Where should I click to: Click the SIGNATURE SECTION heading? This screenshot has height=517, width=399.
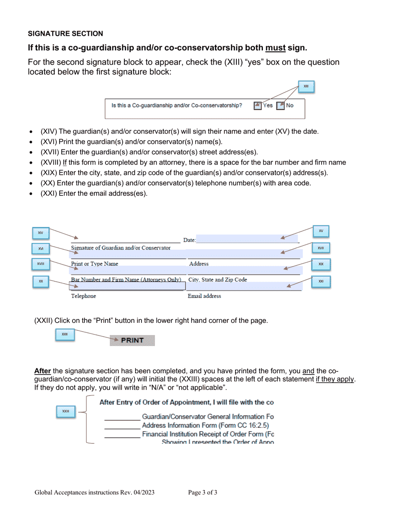(x=65, y=34)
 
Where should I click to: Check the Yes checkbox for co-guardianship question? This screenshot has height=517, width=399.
(x=258, y=106)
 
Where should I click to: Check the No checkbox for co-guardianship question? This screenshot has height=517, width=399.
(x=281, y=106)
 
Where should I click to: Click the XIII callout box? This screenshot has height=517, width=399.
(x=306, y=87)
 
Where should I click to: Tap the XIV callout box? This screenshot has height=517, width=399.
(x=41, y=233)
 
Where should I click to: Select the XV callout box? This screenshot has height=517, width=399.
(x=321, y=231)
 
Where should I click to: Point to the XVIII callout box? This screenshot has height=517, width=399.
(x=41, y=264)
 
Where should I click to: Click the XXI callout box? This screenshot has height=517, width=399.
(x=321, y=281)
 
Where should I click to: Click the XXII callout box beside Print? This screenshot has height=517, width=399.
(x=65, y=335)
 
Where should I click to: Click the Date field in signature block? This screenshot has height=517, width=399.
(x=247, y=240)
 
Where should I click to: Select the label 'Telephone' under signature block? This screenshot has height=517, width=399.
(x=83, y=296)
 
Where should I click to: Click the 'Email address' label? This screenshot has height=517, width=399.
(x=204, y=296)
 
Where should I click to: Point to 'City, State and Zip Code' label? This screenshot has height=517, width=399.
(x=218, y=280)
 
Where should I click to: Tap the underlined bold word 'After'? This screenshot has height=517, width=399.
(x=42, y=371)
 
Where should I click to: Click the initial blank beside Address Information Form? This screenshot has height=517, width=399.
(x=122, y=426)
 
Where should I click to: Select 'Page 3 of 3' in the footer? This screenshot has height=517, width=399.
(x=202, y=493)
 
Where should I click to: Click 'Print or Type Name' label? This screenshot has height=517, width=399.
(x=94, y=264)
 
